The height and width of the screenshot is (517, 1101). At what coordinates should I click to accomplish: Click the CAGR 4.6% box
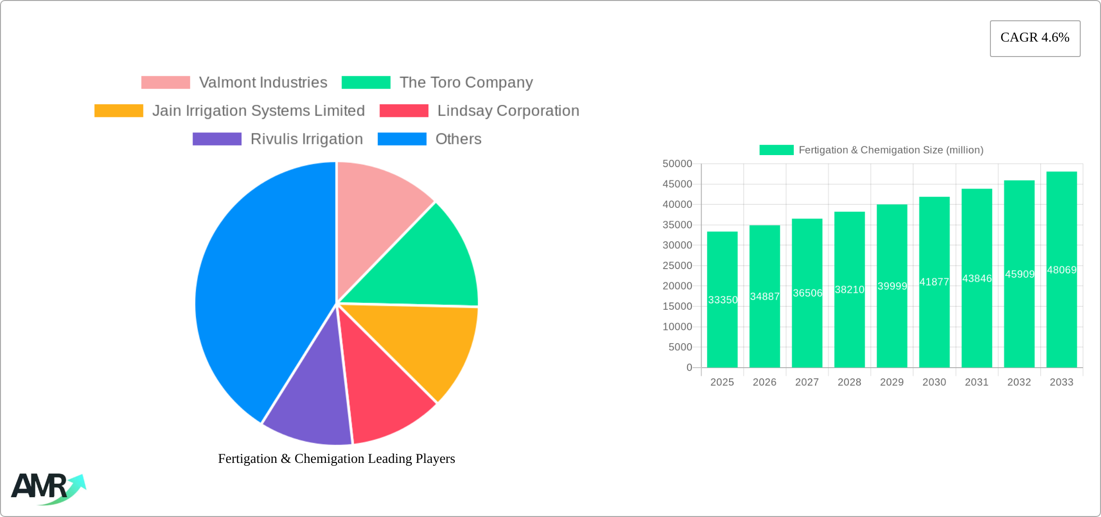pos(1035,38)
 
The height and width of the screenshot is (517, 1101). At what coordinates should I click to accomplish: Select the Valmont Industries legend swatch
pos(165,83)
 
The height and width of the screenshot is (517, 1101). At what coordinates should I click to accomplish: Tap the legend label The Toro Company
pos(466,83)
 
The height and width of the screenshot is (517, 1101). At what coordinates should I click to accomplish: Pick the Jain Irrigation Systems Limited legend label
pos(258,111)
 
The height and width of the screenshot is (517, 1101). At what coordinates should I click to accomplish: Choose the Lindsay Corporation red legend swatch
pos(404,111)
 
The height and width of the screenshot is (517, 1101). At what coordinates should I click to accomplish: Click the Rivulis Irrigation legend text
pos(306,139)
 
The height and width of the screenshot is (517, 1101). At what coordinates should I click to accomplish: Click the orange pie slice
pos(425,343)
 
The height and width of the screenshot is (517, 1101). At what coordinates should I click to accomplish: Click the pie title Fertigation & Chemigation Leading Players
pos(337,459)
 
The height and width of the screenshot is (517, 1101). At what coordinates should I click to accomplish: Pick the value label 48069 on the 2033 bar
pos(1061,270)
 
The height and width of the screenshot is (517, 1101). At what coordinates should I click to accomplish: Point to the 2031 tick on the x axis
pos(976,382)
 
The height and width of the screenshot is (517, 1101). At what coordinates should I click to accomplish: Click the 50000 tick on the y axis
pos(677,164)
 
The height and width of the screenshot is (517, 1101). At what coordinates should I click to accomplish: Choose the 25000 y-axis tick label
pos(677,266)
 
